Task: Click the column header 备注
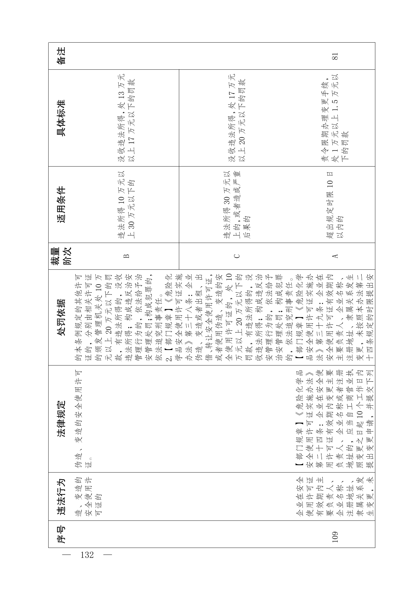[61, 56]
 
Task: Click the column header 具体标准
[61, 118]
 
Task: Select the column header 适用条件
[61, 205]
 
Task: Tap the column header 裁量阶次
[61, 256]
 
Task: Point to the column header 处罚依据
[61, 317]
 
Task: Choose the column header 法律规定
[61, 419]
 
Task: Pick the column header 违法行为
[61, 497]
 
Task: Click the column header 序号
[61, 534]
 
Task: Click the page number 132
[87, 555]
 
